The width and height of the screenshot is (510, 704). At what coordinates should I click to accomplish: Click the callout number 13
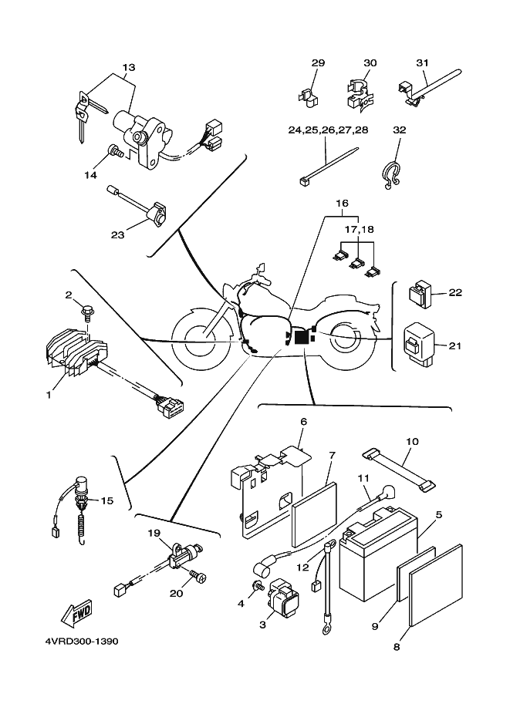(x=128, y=67)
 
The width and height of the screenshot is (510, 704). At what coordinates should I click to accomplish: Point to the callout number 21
(x=454, y=345)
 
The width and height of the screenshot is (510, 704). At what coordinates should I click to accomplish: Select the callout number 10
(x=412, y=441)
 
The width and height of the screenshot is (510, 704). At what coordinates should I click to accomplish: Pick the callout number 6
(x=303, y=422)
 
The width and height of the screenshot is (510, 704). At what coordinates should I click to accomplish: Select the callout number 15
(x=106, y=500)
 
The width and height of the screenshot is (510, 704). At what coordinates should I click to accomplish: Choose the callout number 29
(x=318, y=62)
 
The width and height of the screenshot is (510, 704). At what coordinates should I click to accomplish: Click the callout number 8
(x=397, y=647)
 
